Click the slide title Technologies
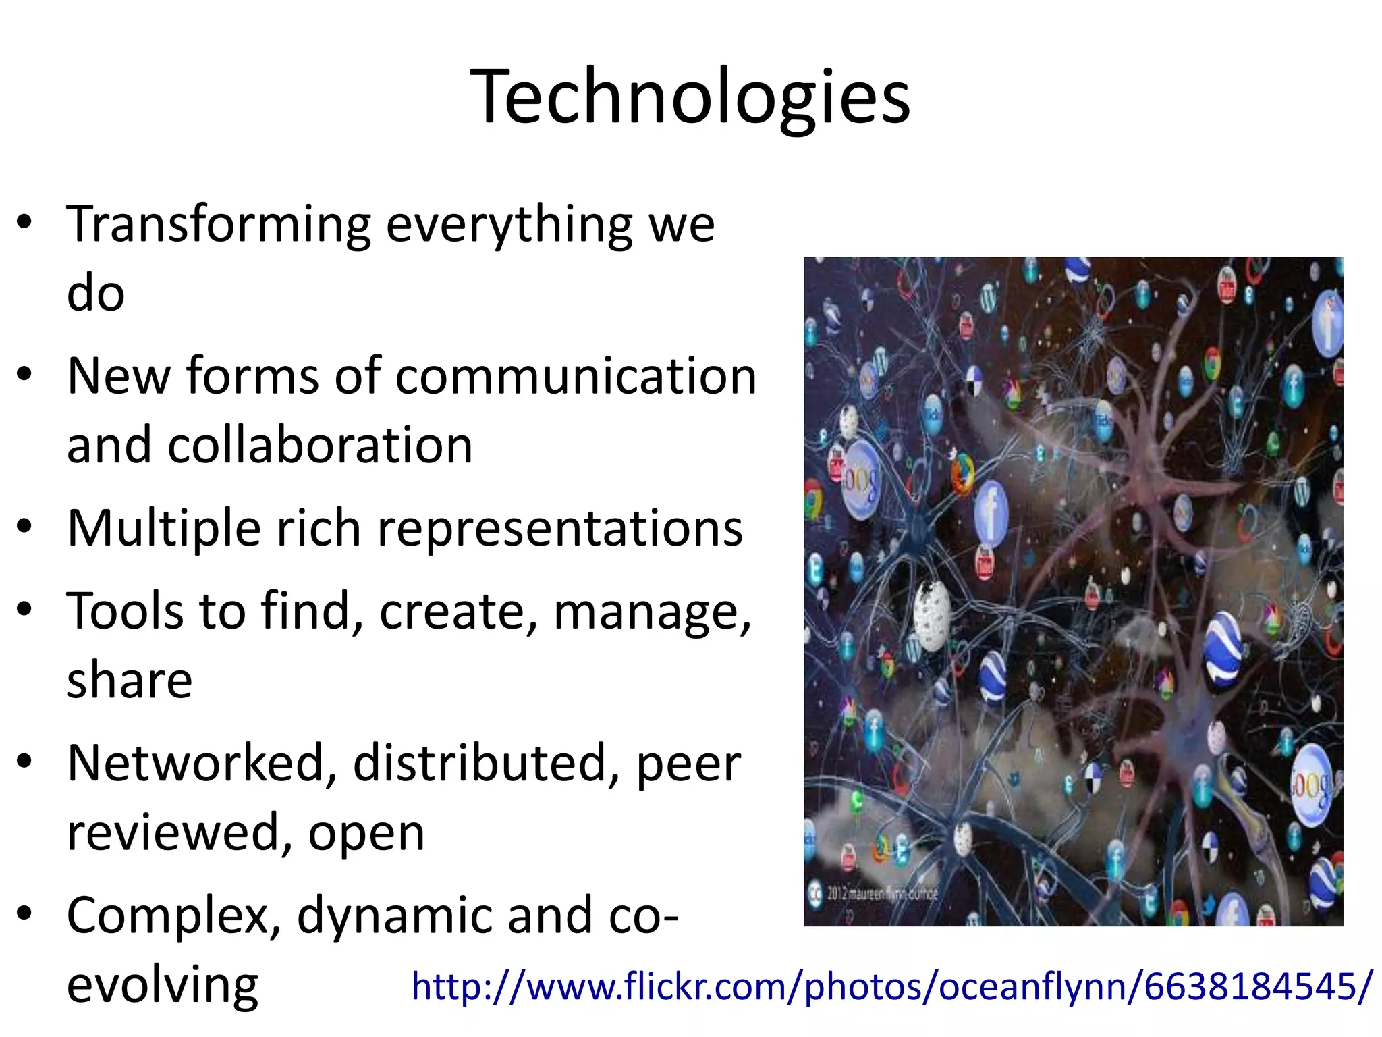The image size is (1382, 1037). click(x=690, y=96)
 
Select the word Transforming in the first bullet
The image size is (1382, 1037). click(x=219, y=225)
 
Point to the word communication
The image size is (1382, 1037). click(x=576, y=376)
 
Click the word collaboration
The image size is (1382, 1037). click(x=320, y=446)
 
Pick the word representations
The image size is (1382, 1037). click(x=560, y=528)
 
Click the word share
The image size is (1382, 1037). click(x=130, y=680)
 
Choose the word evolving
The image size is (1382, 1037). click(x=162, y=985)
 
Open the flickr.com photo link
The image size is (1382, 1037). click(x=891, y=986)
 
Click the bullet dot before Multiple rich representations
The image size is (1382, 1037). click(x=25, y=526)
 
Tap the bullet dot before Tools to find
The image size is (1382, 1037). click(x=25, y=609)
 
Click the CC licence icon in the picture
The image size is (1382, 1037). click(x=815, y=893)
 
